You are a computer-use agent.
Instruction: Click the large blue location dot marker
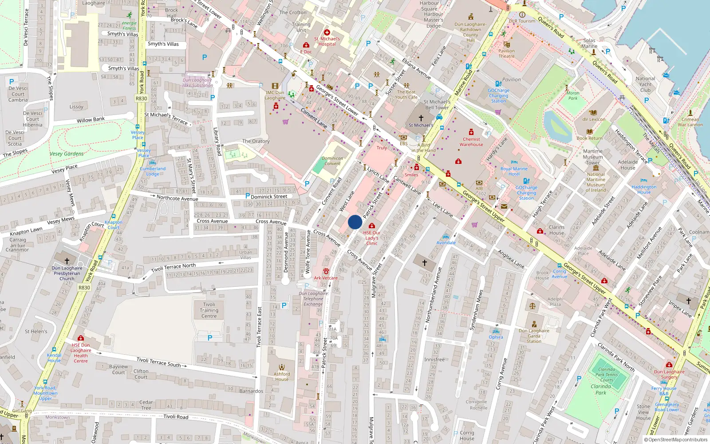[x=355, y=222]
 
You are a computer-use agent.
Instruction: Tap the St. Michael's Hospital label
[x=327, y=41]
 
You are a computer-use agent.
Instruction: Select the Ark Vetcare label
[x=326, y=278]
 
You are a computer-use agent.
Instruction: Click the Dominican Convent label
[x=332, y=161]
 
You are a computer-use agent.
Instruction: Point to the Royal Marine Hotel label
[x=514, y=171]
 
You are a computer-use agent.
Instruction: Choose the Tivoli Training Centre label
[x=209, y=310]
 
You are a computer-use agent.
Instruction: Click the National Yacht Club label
[x=645, y=84]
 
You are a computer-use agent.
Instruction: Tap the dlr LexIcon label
[x=593, y=119]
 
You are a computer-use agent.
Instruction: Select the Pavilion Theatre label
[x=506, y=53]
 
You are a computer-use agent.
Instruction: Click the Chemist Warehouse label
[x=471, y=142]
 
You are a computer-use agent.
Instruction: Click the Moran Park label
[x=573, y=95]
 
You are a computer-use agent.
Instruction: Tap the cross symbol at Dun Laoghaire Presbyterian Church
[x=67, y=261]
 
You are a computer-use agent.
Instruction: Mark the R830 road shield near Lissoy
[x=141, y=99]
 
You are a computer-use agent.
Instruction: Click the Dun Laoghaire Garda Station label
[x=534, y=336]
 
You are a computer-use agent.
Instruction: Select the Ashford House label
[x=282, y=377]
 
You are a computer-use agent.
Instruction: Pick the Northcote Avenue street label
[x=177, y=198]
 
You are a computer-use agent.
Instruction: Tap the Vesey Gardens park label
[x=67, y=154]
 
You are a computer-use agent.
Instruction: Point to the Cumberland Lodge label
[x=153, y=171]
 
